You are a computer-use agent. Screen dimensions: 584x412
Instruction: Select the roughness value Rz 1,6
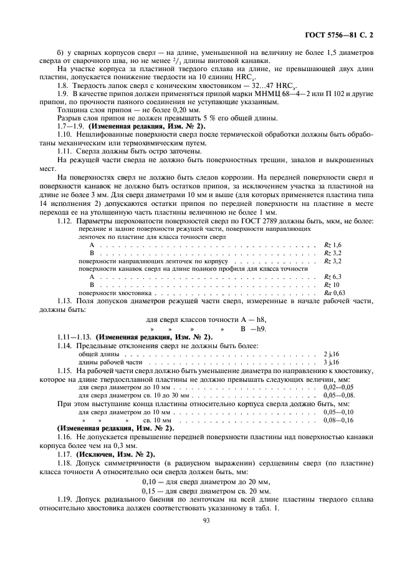pyautogui.click(x=333, y=245)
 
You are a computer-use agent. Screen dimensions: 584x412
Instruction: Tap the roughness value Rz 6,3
pyautogui.click(x=333, y=275)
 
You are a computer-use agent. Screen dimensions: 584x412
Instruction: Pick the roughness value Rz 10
pyautogui.click(x=331, y=283)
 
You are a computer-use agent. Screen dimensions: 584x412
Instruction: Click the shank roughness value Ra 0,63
pyautogui.click(x=334, y=291)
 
